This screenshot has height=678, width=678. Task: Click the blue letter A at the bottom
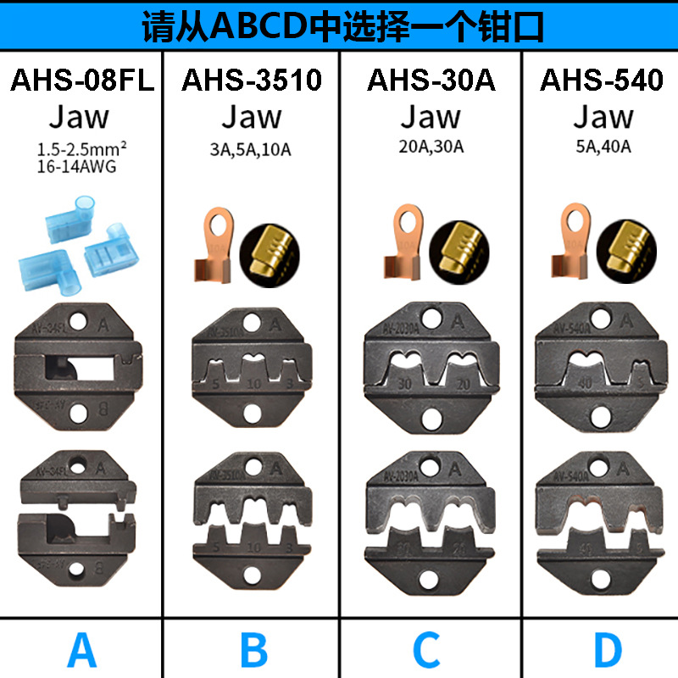pyautogui.click(x=81, y=651)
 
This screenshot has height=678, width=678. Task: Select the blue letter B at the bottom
pyautogui.click(x=253, y=651)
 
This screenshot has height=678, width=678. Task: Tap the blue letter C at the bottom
pyautogui.click(x=427, y=651)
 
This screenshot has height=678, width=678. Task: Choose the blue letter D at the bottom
pyautogui.click(x=607, y=651)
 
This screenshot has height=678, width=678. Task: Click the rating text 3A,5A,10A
pyautogui.click(x=252, y=149)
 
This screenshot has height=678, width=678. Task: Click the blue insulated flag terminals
pyautogui.click(x=82, y=236)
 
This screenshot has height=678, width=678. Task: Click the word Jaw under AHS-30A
pyautogui.click(x=431, y=116)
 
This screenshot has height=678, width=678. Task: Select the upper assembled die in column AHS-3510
pyautogui.click(x=252, y=369)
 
